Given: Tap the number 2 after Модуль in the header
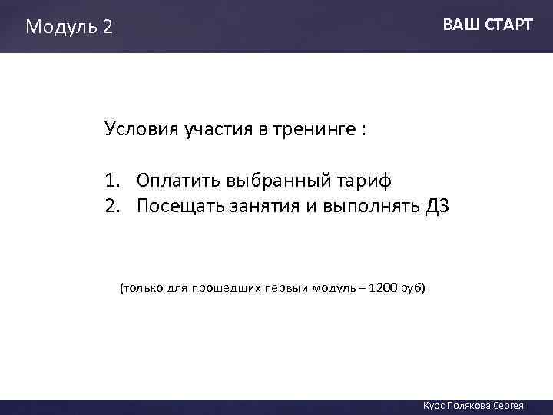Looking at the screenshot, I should (107, 27).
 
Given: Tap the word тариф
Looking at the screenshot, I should (365, 182).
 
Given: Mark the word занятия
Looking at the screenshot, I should (260, 207).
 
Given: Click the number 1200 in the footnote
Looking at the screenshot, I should (383, 288).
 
